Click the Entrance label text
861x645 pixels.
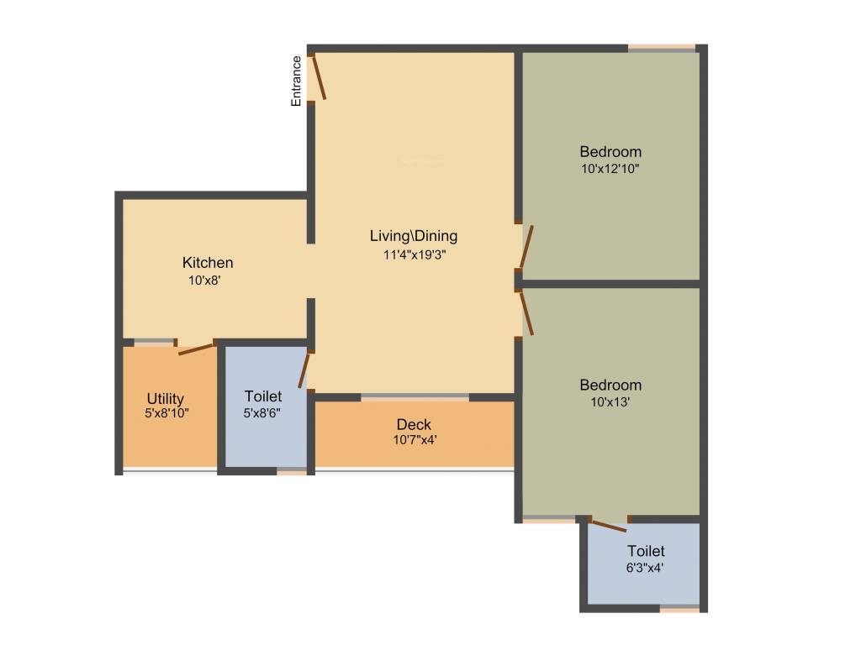[296, 81]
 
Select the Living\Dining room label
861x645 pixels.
[414, 236]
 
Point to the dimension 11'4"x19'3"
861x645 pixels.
[414, 254]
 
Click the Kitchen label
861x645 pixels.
[208, 263]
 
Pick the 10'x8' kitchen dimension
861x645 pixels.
[204, 281]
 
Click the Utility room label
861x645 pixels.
[166, 399]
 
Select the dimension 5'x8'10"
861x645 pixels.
[166, 413]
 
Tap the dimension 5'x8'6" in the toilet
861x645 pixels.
[263, 412]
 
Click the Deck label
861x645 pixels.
[414, 424]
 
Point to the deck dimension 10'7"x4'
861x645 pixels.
[415, 439]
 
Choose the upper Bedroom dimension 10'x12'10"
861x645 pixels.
[610, 169]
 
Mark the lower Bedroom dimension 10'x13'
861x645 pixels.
[610, 402]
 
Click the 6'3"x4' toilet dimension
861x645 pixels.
[645, 567]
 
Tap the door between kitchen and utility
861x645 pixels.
[198, 349]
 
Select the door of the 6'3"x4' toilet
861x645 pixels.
[608, 527]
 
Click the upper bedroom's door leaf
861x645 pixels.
[526, 247]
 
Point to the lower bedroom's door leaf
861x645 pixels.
[527, 313]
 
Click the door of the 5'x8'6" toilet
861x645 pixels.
[304, 370]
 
